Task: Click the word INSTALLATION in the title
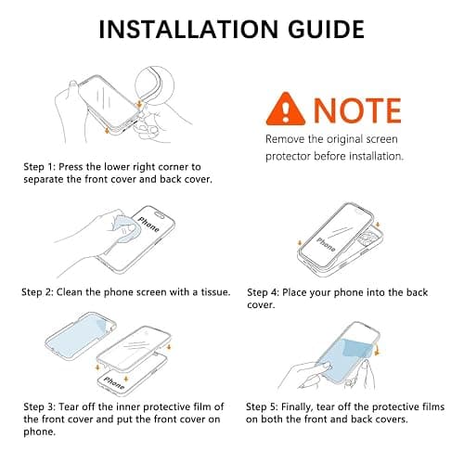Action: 188,30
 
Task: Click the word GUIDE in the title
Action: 326,30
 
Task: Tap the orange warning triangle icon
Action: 286,109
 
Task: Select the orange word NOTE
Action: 357,110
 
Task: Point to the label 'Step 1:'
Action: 39,167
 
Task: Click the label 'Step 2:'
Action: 37,292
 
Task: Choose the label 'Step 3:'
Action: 39,406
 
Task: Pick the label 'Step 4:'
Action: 263,292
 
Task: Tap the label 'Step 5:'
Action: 262,406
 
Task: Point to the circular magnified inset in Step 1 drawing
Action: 154,85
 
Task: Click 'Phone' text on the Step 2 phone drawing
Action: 149,224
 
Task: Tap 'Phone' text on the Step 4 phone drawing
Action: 326,244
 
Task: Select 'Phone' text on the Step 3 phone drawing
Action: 114,383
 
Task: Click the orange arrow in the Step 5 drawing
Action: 377,350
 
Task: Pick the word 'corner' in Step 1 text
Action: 173,167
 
